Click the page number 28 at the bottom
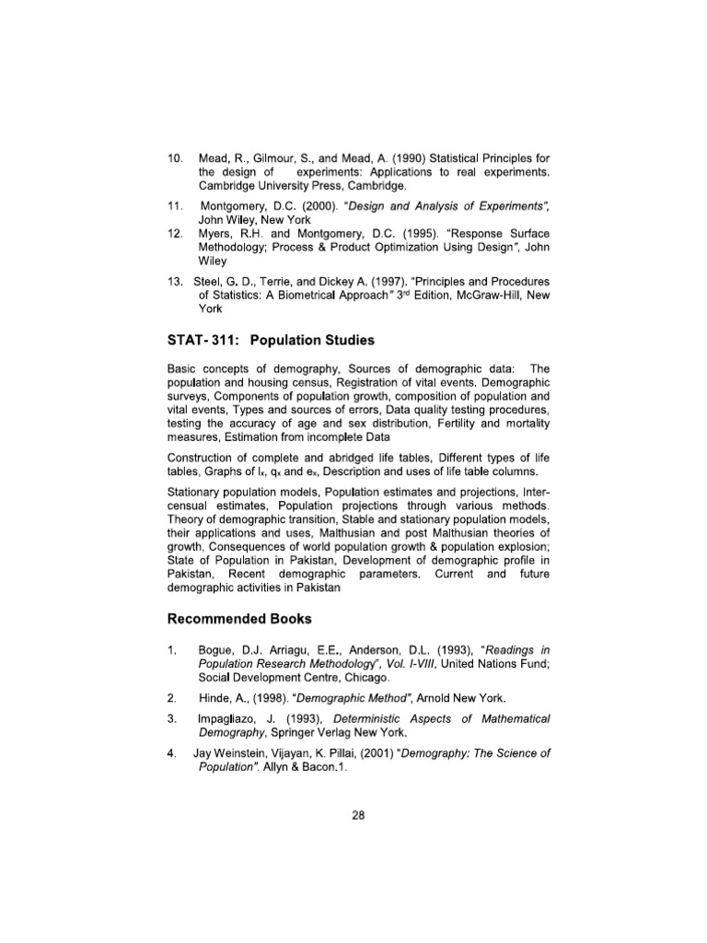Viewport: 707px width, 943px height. pos(358,823)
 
